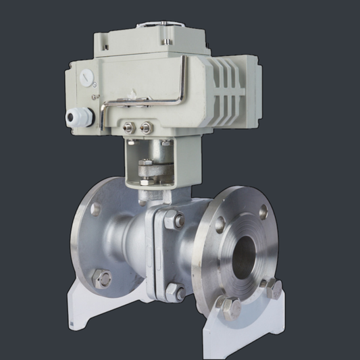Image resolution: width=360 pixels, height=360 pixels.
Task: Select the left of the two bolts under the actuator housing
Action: (x=129, y=126)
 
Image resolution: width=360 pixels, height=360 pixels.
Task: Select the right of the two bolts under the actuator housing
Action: (x=145, y=127)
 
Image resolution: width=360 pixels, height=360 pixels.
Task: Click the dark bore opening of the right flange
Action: (x=245, y=256)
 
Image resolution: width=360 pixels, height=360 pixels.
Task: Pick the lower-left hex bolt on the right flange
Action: (x=230, y=308)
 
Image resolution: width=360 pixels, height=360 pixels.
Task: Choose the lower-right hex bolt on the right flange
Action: (x=272, y=289)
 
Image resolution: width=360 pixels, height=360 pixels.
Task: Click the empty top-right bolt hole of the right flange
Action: (x=263, y=211)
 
